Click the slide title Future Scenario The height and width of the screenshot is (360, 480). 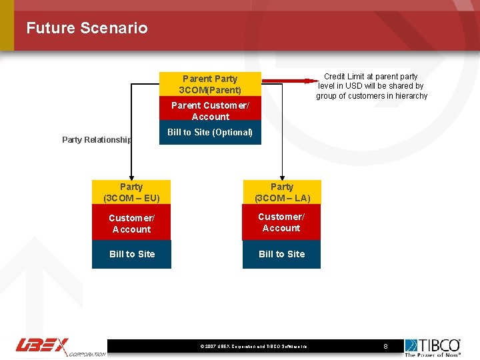coord(87,28)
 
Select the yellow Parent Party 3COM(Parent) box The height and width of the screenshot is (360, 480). coord(210,84)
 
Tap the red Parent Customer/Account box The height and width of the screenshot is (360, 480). coord(210,111)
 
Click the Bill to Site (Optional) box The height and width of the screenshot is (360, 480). coord(210,133)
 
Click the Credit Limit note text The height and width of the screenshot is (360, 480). coord(371,86)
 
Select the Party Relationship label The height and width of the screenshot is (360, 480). coord(97,140)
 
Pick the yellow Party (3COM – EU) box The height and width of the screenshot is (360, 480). coord(131,193)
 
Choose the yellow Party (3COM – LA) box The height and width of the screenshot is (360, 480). coord(281,193)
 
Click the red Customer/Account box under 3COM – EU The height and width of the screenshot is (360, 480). coord(131,223)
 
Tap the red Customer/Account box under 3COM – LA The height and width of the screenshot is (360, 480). coord(281,223)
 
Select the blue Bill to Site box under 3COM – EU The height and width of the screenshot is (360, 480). coord(131,254)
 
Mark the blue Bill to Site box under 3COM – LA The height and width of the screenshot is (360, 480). coord(281,254)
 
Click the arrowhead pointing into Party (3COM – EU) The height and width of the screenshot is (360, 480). coord(131,177)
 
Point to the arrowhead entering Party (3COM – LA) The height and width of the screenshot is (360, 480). coord(282,177)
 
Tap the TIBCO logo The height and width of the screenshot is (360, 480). coord(433,347)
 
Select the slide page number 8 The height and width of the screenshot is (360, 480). coord(385,347)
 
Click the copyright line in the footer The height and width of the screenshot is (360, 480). coord(253,347)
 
